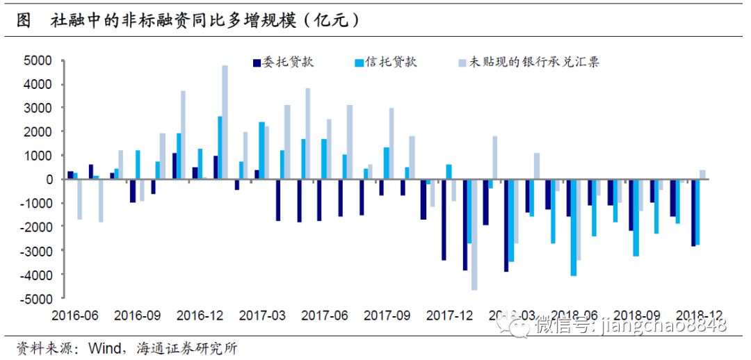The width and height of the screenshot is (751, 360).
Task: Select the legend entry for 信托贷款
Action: tap(386, 62)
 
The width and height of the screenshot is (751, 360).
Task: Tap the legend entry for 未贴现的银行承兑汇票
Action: tap(528, 62)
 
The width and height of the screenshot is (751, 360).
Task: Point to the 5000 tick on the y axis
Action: tap(38, 61)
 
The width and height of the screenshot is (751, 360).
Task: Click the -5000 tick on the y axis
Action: tap(36, 299)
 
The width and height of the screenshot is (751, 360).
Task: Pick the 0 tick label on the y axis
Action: tap(48, 179)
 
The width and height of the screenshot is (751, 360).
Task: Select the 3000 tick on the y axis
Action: tap(38, 108)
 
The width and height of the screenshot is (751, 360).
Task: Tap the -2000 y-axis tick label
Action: tap(36, 227)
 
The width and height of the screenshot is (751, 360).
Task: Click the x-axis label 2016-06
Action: tap(76, 316)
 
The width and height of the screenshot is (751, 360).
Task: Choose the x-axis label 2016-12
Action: tap(201, 316)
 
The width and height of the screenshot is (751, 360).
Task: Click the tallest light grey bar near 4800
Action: tap(225, 122)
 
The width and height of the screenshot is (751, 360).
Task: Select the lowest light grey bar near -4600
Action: tap(474, 234)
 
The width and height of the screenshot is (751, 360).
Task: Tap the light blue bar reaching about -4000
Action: tap(573, 227)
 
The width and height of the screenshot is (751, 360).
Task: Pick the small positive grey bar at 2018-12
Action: tap(702, 174)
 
